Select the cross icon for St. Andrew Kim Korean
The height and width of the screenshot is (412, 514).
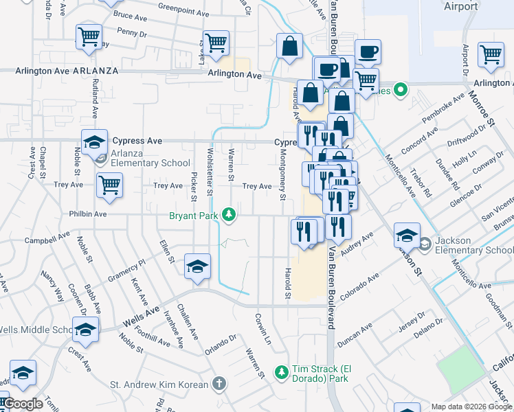[x=219, y=383]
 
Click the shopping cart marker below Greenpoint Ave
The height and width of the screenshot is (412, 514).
[x=216, y=43]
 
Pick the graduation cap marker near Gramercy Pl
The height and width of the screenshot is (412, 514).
[x=197, y=266]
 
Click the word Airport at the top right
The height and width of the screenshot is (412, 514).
[x=460, y=6]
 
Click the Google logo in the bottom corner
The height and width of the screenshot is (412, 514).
[x=23, y=404]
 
